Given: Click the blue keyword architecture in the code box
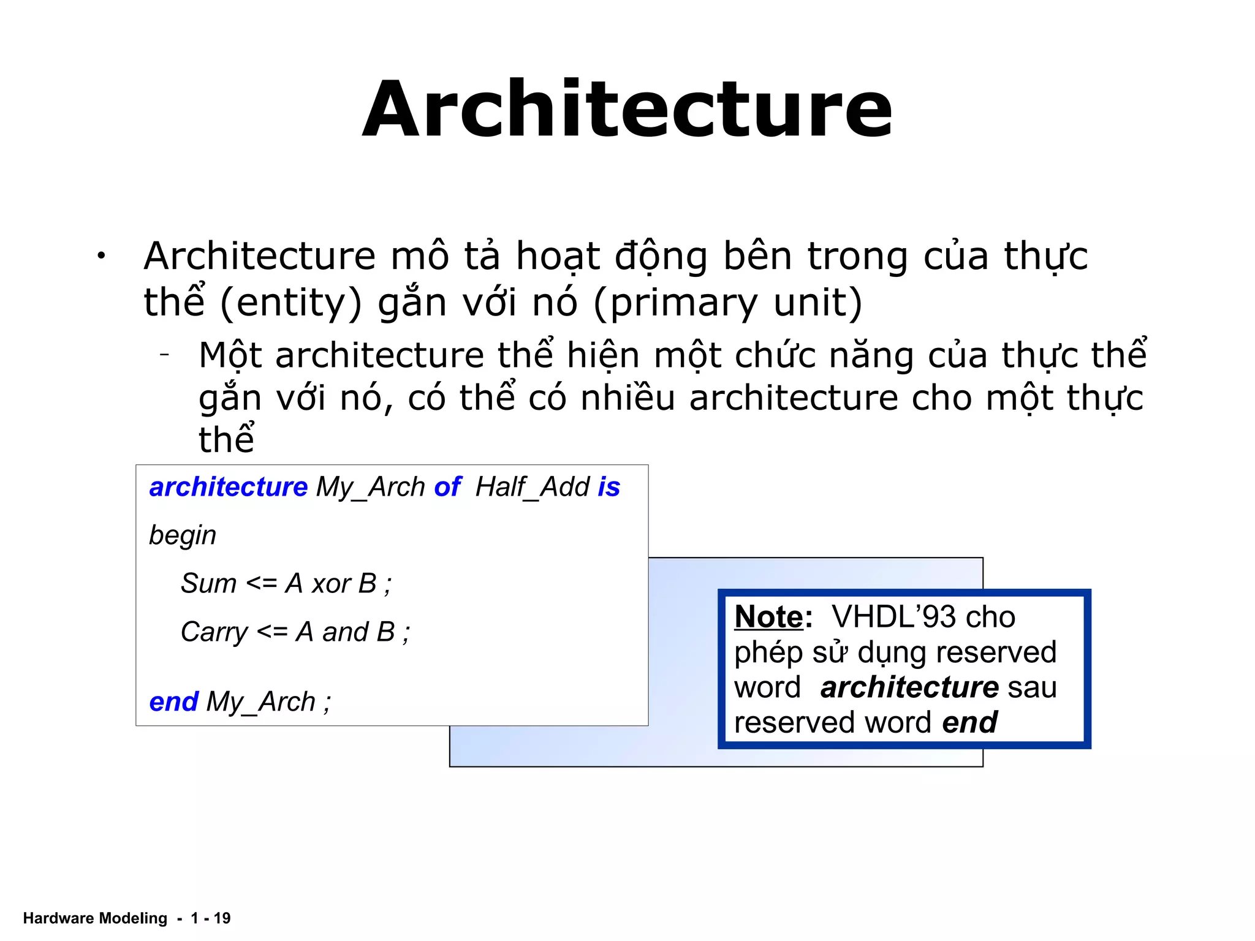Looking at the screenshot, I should coord(228,487).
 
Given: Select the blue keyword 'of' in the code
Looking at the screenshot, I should coord(447,487).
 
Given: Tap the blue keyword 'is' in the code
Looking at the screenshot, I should coord(609,487).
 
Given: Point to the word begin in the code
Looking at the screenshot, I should coord(183,535).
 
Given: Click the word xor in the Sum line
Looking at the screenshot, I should coord(331,584).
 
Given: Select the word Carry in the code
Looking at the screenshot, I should coord(214,632).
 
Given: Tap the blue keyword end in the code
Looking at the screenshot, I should coord(173,701).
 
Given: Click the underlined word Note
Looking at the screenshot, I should coord(768,616).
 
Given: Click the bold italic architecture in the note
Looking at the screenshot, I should coord(909,687).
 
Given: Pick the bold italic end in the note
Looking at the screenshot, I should coord(969,722).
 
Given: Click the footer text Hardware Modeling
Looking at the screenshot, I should coord(95,918).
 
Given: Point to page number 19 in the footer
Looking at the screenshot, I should coord(222,918).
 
